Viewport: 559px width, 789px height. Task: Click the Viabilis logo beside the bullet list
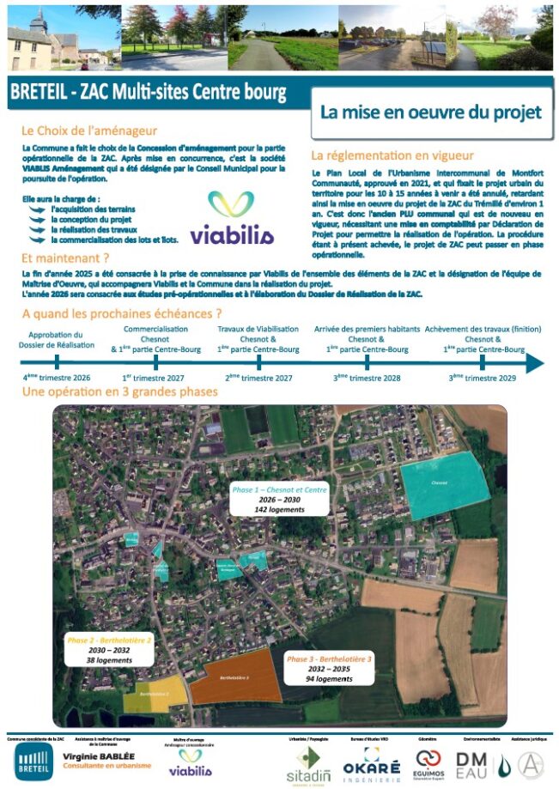(231, 218)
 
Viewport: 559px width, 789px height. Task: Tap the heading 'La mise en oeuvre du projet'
(430, 112)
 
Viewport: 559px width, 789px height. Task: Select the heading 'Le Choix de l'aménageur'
(89, 131)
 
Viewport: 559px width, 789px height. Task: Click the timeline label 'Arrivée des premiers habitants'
(367, 330)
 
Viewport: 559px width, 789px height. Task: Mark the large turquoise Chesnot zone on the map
(445, 484)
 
